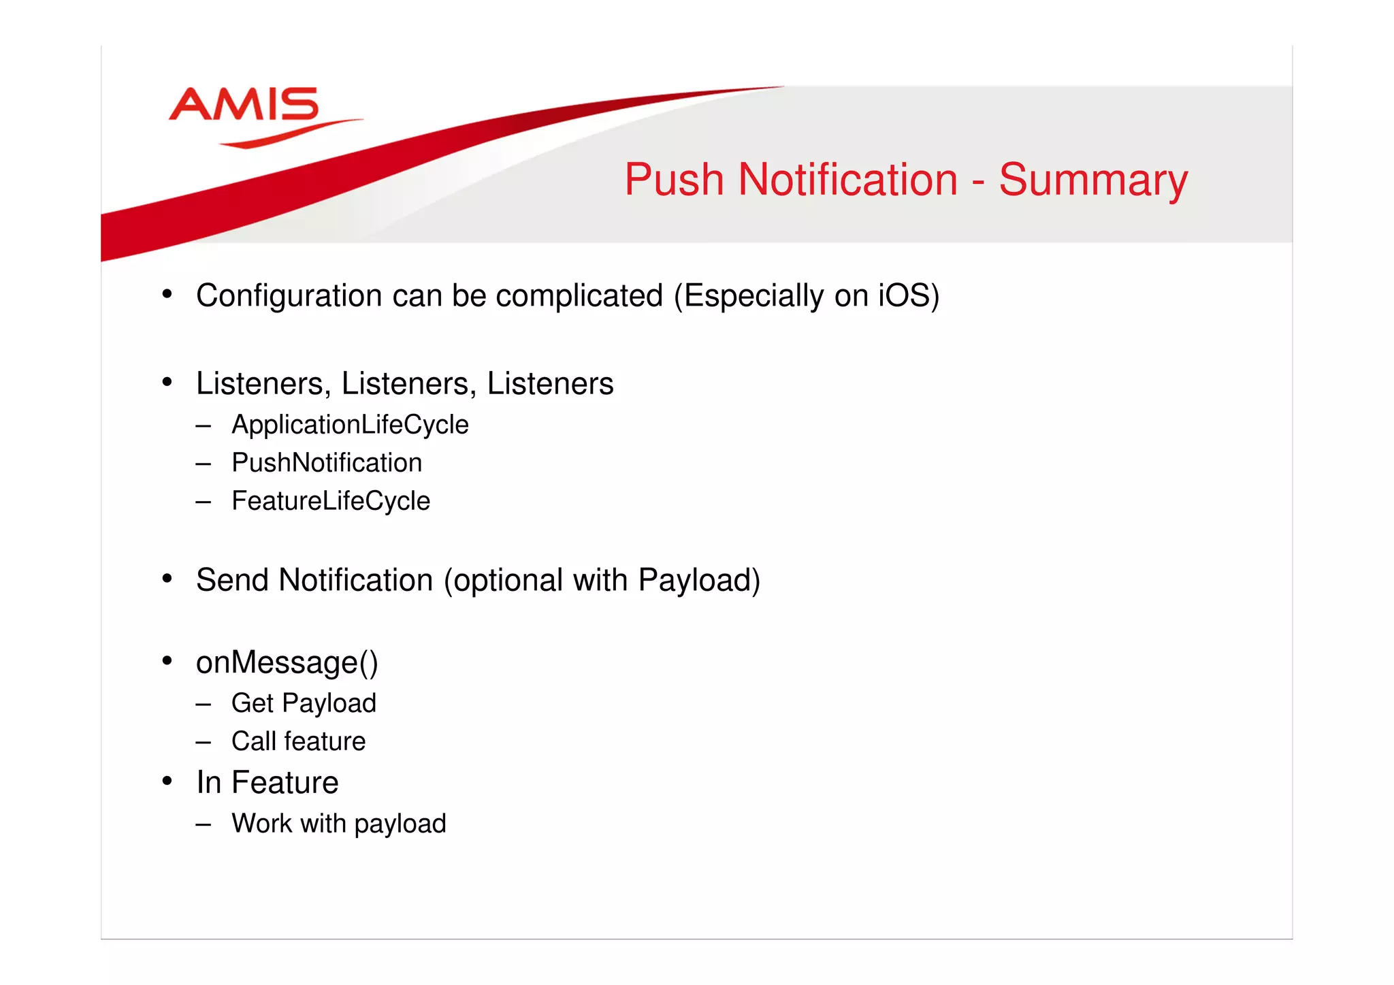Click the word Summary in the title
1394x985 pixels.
click(1092, 180)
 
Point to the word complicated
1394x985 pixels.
click(579, 296)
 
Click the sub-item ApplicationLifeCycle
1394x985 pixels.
click(350, 425)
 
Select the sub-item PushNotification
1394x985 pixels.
click(327, 463)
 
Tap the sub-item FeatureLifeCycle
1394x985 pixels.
click(331, 501)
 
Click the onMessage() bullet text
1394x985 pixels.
click(287, 662)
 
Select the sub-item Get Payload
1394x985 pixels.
click(304, 703)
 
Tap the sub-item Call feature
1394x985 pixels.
click(298, 741)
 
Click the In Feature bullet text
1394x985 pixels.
click(267, 783)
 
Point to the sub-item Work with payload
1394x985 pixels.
click(338, 824)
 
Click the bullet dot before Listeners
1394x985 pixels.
click(167, 382)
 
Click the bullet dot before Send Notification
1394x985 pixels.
click(167, 579)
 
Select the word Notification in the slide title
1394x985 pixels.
click(847, 180)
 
